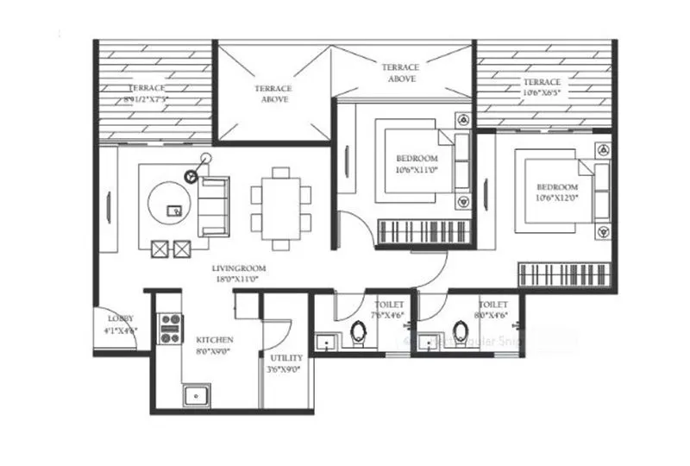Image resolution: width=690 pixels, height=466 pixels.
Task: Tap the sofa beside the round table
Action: point(213,205)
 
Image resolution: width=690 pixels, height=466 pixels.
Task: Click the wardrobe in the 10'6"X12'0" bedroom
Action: point(565,276)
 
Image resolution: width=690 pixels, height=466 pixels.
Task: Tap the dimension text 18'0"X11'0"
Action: point(237,280)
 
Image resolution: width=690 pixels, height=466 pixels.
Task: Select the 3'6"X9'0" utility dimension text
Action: point(285,368)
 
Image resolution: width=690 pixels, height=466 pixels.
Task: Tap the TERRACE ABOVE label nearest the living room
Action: point(273,93)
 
